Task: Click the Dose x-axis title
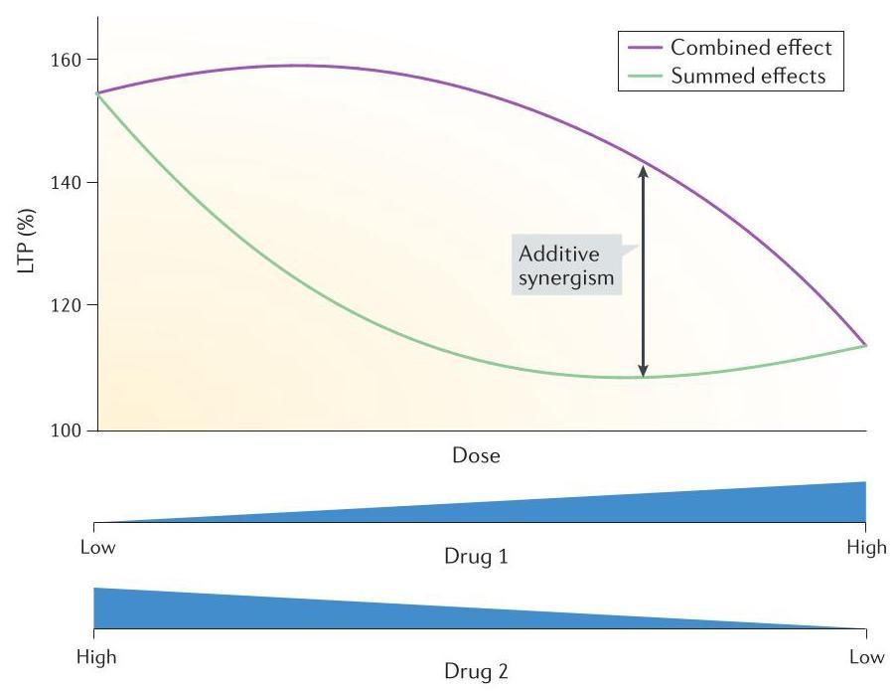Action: click(x=476, y=456)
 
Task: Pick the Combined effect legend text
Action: click(x=750, y=47)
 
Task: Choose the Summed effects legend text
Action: click(x=748, y=76)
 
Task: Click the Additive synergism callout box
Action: click(x=567, y=265)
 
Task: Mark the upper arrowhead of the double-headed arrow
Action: click(x=644, y=171)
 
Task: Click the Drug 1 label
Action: click(x=476, y=557)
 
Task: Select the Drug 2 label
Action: click(x=476, y=671)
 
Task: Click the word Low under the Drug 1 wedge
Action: click(x=97, y=547)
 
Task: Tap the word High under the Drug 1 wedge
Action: click(x=866, y=547)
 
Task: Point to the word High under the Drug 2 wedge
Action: click(x=96, y=656)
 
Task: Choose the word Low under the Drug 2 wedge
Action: click(x=866, y=656)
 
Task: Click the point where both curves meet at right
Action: click(x=866, y=345)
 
